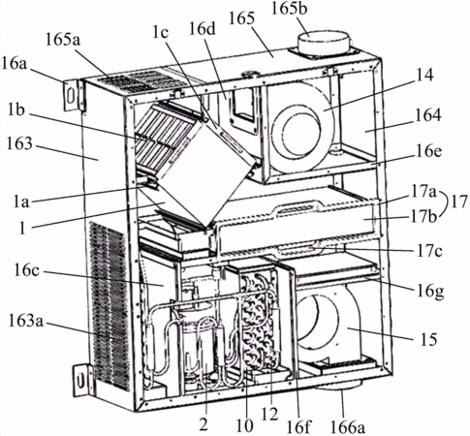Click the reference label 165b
pyautogui.click(x=290, y=9)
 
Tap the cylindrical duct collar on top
pyautogui.click(x=325, y=44)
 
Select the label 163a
pyautogui.click(x=25, y=322)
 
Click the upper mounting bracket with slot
pyautogui.click(x=72, y=95)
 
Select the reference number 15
pyautogui.click(x=429, y=339)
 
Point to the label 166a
pyautogui.click(x=348, y=427)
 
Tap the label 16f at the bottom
pyautogui.click(x=298, y=427)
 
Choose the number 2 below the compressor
pyautogui.click(x=204, y=424)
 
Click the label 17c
pyautogui.click(x=429, y=251)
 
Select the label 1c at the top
pyautogui.click(x=161, y=32)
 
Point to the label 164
pyautogui.click(x=428, y=115)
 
